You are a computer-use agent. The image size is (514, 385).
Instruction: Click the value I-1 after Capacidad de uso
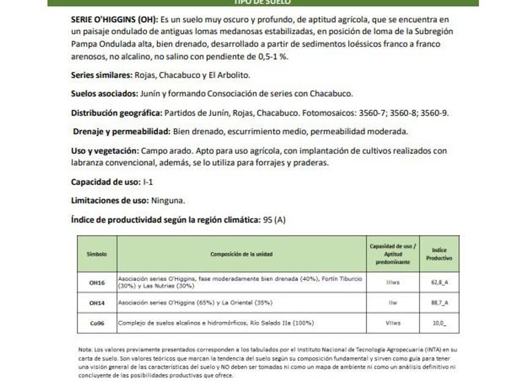(x=149, y=182)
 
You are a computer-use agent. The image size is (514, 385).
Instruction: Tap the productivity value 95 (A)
(x=274, y=219)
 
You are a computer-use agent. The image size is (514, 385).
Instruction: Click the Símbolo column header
(x=97, y=253)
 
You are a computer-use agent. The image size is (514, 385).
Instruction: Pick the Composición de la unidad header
(x=242, y=253)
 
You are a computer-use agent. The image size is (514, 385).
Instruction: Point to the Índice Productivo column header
(x=439, y=254)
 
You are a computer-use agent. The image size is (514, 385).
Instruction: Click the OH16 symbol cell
(x=97, y=282)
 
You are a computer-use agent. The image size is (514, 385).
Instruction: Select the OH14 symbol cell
(x=97, y=302)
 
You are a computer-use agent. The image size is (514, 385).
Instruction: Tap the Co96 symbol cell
(x=97, y=322)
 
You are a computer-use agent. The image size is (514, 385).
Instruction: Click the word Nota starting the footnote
(x=84, y=349)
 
